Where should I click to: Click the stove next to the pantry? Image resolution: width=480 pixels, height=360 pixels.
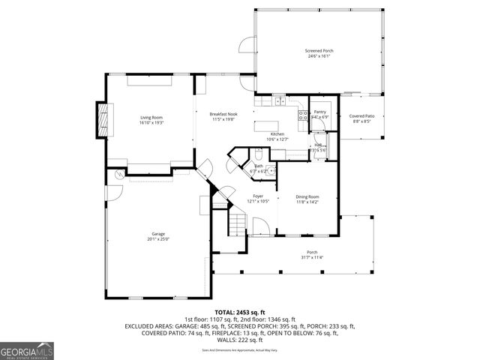pyautogui.click(x=303, y=115)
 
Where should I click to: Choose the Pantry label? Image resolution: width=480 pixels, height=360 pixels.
pyautogui.click(x=320, y=112)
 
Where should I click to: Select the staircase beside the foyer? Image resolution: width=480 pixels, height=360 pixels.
pyautogui.click(x=237, y=221)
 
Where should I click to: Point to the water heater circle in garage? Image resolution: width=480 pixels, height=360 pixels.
pyautogui.click(x=118, y=174)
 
